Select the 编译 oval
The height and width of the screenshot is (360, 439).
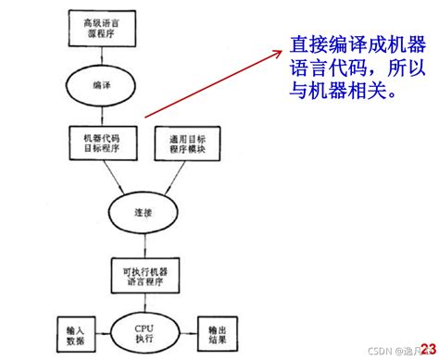click(102, 84)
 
